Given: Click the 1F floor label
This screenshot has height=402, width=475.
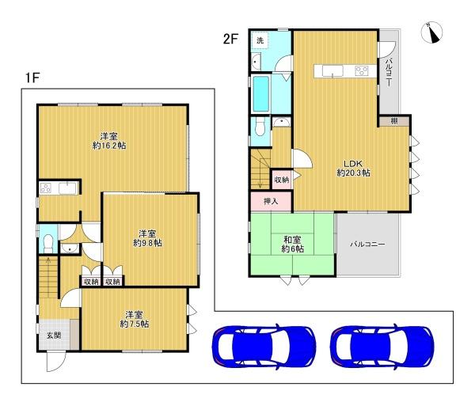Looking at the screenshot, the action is [x=32, y=78].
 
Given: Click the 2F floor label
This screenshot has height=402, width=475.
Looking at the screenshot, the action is [x=230, y=39].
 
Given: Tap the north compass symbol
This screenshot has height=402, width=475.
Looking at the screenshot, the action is [x=431, y=32].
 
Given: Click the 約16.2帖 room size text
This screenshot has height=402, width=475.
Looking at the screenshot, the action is [x=109, y=146].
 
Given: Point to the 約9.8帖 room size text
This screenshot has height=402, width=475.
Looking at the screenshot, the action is [x=147, y=243].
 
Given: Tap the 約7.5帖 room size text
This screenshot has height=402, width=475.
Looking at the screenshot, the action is [x=135, y=324].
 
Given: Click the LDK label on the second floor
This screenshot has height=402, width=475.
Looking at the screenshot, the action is [x=353, y=164].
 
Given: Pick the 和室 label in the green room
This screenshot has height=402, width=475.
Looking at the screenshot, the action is [x=292, y=240].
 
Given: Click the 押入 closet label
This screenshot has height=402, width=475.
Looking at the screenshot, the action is [x=271, y=201].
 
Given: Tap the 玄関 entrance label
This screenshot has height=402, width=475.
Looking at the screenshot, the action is [x=54, y=335].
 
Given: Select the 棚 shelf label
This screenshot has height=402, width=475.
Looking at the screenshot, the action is [x=393, y=121].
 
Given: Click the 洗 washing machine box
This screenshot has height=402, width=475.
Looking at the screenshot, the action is [x=260, y=40].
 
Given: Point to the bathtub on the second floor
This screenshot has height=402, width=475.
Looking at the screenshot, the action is [x=261, y=94].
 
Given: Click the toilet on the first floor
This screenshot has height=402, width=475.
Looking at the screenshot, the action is [x=48, y=244].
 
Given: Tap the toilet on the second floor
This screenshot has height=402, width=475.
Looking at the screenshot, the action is [x=260, y=127].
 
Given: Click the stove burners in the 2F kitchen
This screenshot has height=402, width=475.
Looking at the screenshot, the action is [x=362, y=71].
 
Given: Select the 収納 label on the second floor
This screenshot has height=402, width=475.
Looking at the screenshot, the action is [x=281, y=180].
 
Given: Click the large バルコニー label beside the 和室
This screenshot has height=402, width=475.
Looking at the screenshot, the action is [x=368, y=244].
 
